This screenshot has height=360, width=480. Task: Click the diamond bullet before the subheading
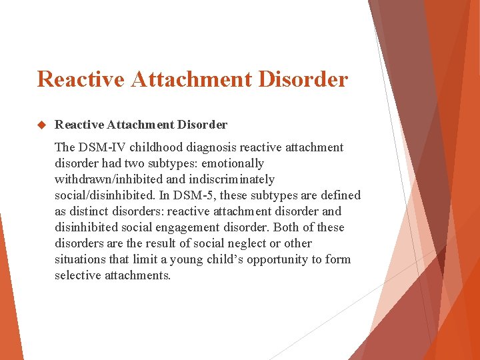click(41, 125)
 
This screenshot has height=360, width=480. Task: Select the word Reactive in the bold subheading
click(79, 125)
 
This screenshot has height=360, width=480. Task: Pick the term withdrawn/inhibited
click(109, 179)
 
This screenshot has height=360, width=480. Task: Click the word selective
click(79, 275)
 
